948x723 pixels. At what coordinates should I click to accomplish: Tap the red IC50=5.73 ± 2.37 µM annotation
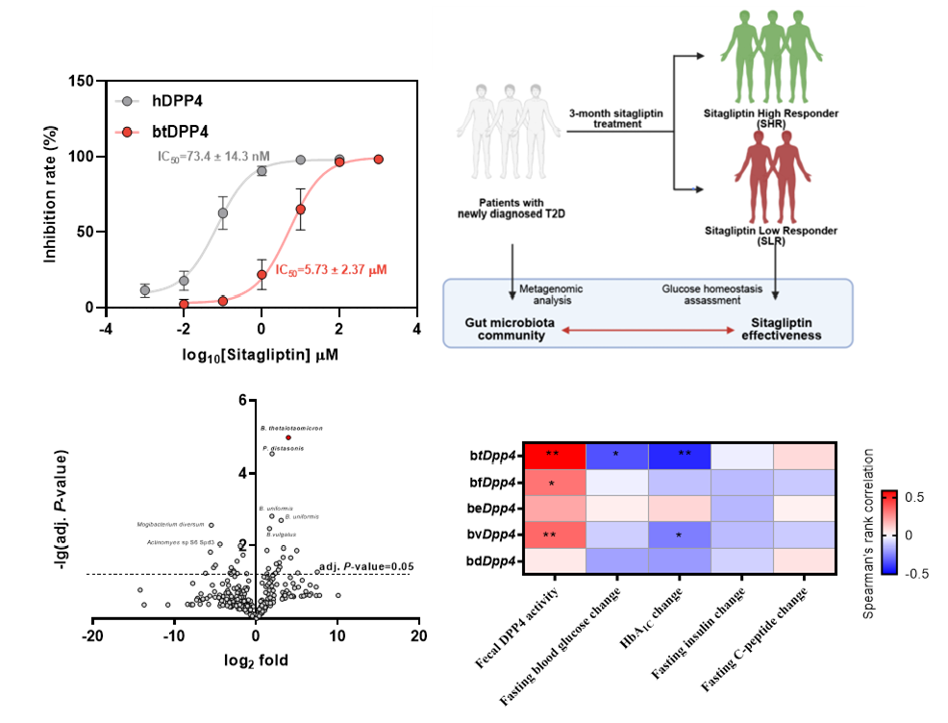331,271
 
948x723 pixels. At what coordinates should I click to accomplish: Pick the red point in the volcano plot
287,437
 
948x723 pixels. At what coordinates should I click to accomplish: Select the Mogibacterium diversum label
170,525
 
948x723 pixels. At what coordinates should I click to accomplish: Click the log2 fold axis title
255,661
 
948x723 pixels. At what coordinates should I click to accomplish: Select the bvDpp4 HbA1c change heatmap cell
679,533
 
